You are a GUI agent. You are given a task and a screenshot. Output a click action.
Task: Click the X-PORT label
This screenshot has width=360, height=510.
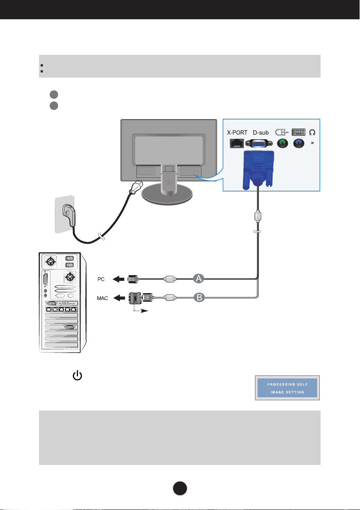click(237, 133)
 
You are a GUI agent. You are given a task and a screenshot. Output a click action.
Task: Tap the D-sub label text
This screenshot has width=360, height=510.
click(261, 133)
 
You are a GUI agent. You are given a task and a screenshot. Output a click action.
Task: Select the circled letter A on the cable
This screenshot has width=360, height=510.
click(198, 279)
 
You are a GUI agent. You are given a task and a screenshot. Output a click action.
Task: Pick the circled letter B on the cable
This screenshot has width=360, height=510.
click(199, 297)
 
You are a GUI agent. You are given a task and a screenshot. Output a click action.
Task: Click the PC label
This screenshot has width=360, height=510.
click(101, 279)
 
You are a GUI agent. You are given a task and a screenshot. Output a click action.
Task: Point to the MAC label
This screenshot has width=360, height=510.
click(102, 298)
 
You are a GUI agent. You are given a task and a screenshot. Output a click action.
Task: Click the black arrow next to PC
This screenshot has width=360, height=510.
click(118, 279)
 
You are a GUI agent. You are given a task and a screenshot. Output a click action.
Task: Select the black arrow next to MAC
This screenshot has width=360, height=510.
click(119, 297)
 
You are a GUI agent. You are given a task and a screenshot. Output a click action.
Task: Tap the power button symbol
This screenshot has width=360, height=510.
click(78, 376)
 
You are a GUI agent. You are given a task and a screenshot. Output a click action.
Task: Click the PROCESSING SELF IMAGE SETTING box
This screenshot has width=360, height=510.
click(287, 388)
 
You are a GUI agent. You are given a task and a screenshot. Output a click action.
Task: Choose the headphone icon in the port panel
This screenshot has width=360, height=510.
click(312, 132)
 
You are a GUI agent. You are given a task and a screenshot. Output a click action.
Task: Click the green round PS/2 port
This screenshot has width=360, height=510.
click(282, 144)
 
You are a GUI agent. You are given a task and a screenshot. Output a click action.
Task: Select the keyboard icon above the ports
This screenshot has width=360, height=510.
click(299, 132)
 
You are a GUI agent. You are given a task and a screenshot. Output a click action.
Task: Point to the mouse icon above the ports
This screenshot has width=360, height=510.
click(282, 132)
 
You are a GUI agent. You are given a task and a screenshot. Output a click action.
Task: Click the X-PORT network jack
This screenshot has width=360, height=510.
click(237, 143)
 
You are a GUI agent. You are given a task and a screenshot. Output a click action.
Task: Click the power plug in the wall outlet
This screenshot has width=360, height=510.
click(69, 214)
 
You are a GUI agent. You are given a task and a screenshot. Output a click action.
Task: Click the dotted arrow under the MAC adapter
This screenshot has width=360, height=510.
click(141, 309)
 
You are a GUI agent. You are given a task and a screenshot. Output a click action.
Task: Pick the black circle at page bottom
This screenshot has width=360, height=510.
click(180, 488)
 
